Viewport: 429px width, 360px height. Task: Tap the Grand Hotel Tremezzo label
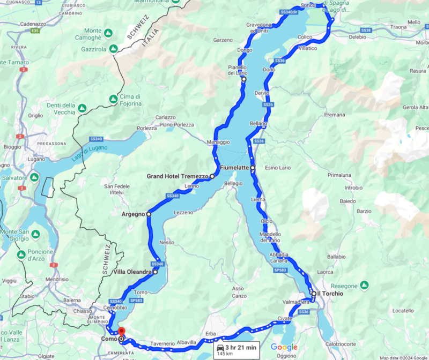(x=177, y=176)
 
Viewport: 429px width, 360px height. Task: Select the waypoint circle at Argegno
(x=149, y=214)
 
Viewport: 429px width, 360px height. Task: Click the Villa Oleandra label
(x=131, y=272)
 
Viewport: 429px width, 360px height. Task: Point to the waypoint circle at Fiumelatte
(x=253, y=169)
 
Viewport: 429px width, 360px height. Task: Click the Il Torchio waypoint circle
(x=314, y=294)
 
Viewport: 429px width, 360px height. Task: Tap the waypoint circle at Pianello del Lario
(x=243, y=79)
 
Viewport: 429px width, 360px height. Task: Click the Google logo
(x=284, y=347)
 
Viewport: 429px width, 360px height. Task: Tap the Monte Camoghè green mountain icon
(x=108, y=33)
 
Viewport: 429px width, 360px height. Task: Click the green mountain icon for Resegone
(x=364, y=284)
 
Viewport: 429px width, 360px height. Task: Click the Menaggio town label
(x=218, y=142)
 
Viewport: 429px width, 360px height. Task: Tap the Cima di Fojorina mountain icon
(x=113, y=99)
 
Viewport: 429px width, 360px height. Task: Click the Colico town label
(x=305, y=37)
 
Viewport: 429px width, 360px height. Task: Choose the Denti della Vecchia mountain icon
(x=82, y=108)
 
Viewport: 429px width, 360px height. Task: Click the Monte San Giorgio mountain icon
(x=35, y=235)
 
